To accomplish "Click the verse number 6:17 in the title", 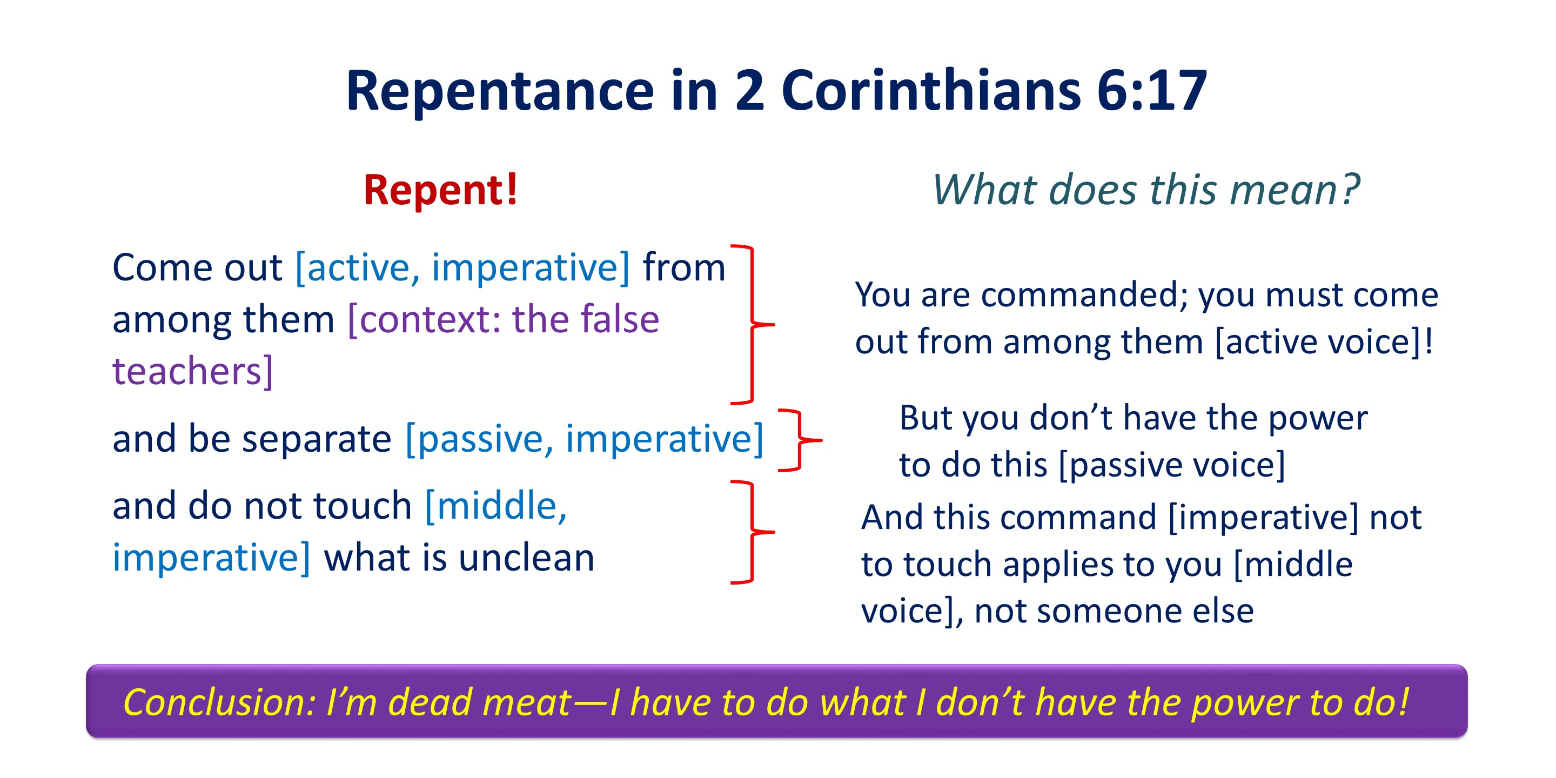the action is (1151, 91).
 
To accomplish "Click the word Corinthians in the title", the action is (931, 91).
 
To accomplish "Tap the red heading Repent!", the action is (441, 190).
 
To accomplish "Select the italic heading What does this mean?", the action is (1146, 190).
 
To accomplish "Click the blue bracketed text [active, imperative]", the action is (462, 267).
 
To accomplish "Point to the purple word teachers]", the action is (193, 371).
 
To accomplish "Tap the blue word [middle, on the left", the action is (496, 506).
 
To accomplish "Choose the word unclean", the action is (526, 557).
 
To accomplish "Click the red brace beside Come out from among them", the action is (752, 324).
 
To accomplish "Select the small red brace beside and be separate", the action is (800, 440).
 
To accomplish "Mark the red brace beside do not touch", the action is (752, 532).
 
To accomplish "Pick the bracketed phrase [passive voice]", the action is (1172, 465).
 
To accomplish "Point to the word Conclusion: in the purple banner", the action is (219, 702).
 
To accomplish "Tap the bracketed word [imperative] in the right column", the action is (1263, 518).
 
